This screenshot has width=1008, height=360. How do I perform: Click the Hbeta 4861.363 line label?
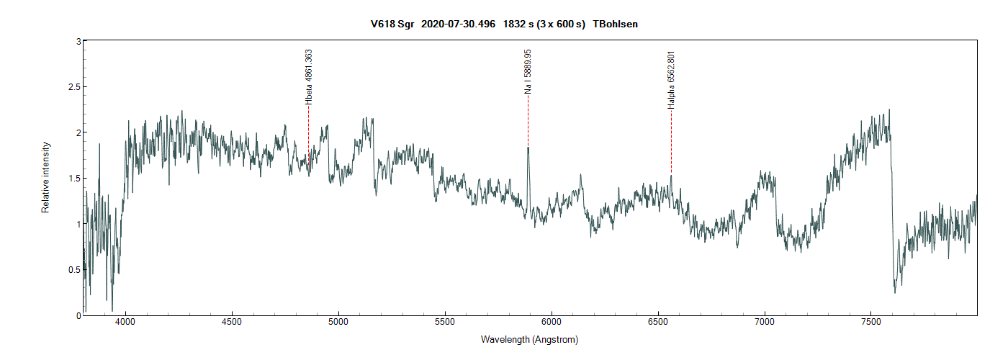point(309,77)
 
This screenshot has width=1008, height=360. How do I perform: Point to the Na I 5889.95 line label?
point(528,71)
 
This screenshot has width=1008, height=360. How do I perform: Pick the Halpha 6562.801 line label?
point(671,80)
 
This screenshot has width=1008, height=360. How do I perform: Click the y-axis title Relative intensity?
point(45,177)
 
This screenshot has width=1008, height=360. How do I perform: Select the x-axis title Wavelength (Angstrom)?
point(529,339)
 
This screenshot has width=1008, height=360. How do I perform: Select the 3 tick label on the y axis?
point(75,42)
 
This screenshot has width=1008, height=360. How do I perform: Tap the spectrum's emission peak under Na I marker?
point(528,148)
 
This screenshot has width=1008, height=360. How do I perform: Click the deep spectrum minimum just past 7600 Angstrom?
point(895,292)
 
